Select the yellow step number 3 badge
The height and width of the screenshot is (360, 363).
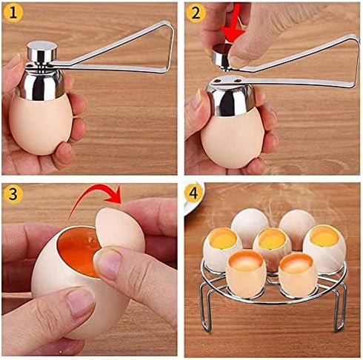(14, 196)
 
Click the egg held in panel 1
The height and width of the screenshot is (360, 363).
(40, 123)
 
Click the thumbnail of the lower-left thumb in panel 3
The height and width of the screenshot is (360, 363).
(79, 303)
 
